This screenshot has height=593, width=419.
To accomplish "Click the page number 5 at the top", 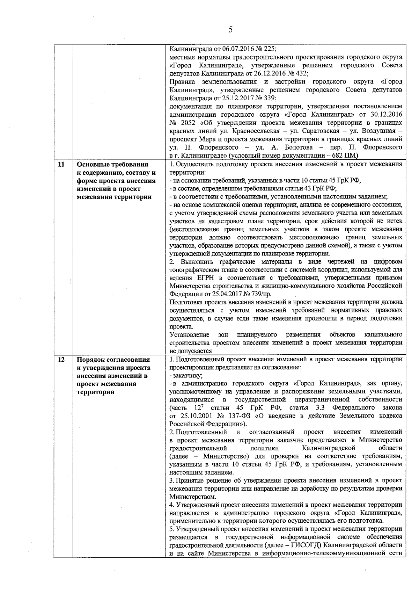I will (x=230, y=30).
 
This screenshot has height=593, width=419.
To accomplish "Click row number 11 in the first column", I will (x=61, y=164).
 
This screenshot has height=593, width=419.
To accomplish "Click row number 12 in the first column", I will (x=61, y=360).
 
